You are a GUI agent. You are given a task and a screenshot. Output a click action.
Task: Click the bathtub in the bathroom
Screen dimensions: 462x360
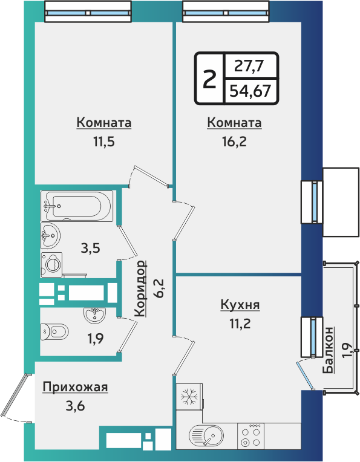click(77, 206)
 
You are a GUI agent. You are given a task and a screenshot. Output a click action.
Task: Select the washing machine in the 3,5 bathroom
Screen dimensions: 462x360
click(52, 264)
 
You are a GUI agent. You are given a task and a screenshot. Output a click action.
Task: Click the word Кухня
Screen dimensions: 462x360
click(240, 305)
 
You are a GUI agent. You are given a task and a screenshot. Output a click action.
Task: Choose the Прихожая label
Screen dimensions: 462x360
click(75, 387)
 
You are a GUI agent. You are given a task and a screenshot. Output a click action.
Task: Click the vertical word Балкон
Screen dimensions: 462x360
click(329, 351)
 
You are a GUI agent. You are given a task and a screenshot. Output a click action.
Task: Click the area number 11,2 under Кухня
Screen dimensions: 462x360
click(240, 323)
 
